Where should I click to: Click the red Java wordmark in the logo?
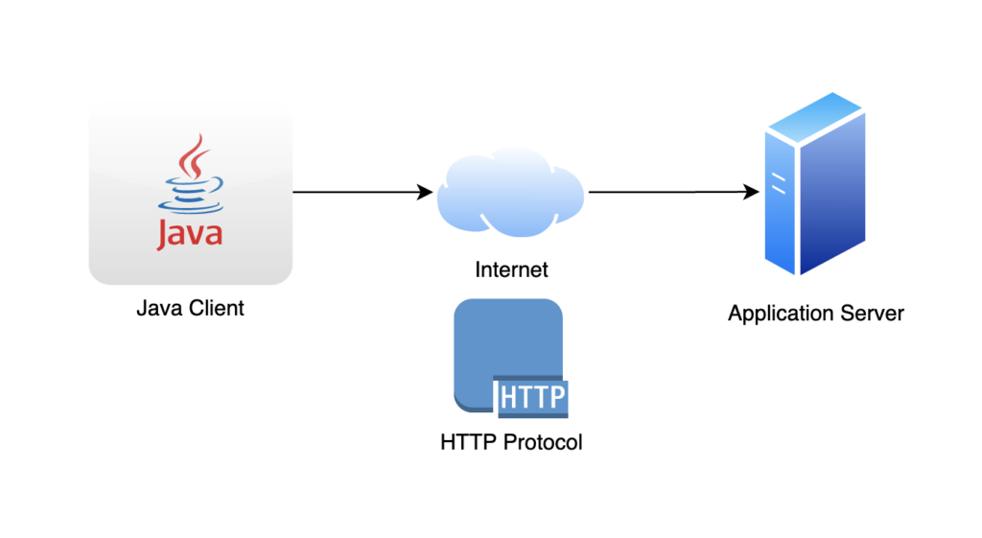(x=190, y=234)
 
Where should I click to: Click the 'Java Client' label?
(x=190, y=308)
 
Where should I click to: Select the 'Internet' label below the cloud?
(x=511, y=269)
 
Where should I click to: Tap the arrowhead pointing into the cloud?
(x=426, y=192)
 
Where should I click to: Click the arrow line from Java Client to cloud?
(x=355, y=192)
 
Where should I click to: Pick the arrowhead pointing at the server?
(x=752, y=192)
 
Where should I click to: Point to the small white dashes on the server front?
(x=781, y=181)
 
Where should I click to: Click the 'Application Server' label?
(x=815, y=313)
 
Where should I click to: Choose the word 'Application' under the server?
(x=783, y=314)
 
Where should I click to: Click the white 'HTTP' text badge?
(x=533, y=397)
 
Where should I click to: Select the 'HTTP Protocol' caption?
(x=511, y=443)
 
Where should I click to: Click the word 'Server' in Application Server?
(x=873, y=313)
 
